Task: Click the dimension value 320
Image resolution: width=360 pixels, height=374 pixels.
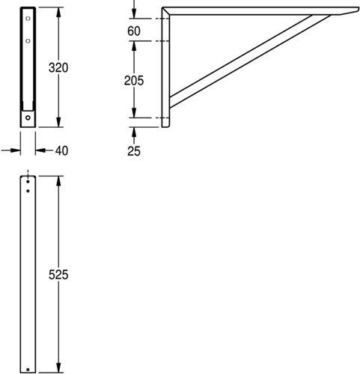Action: (58, 68)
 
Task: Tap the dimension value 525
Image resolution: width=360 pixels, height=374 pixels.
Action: (58, 275)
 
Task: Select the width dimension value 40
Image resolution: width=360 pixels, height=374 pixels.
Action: (61, 151)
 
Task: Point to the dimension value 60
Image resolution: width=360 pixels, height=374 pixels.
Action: (134, 31)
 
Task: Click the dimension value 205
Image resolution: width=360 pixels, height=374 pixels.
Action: (134, 81)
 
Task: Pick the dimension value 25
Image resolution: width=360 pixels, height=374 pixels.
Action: (134, 151)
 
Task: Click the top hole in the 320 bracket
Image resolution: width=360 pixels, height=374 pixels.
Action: (28, 19)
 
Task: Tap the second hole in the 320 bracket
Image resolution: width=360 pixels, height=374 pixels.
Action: (28, 41)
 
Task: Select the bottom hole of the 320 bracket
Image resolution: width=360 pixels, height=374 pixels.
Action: (28, 117)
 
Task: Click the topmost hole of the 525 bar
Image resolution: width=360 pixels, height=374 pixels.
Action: (28, 182)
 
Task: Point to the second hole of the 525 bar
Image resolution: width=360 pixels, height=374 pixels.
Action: (28, 191)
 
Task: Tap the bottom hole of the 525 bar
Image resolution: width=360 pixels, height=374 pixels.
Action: (28, 370)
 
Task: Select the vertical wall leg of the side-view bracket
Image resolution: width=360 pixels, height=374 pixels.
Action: (165, 67)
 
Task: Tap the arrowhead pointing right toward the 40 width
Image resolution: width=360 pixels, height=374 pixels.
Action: (15, 150)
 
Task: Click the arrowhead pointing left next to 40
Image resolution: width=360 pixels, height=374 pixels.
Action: (40, 150)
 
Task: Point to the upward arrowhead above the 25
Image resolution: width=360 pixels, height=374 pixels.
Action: (134, 132)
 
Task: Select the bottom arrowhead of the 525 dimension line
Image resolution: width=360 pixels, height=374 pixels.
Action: (58, 367)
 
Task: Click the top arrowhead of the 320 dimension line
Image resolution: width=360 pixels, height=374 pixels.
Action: (58, 13)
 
